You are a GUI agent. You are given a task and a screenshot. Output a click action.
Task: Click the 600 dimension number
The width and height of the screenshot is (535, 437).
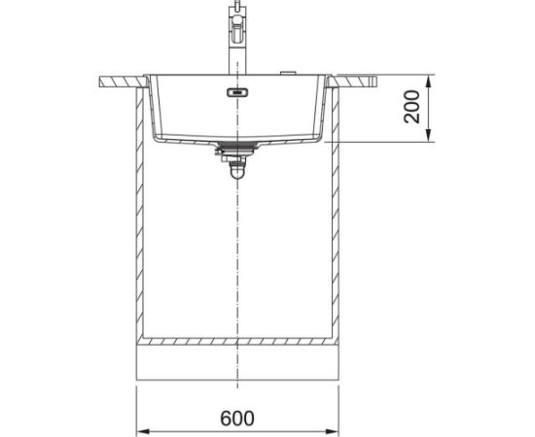(x=237, y=419)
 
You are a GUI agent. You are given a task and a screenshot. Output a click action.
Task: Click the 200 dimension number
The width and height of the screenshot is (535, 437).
(x=411, y=107)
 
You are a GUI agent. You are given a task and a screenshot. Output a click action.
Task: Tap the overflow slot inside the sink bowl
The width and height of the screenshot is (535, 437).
(x=237, y=92)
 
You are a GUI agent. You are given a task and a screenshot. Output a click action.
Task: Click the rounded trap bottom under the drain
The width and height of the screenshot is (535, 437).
(x=237, y=172)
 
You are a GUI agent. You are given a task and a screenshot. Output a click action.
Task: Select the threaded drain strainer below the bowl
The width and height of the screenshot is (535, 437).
(x=236, y=148)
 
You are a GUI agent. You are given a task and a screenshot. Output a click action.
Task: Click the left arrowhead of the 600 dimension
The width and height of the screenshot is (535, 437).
(x=143, y=431)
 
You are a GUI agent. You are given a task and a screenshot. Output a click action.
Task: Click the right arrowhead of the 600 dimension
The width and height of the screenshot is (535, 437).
(x=332, y=431)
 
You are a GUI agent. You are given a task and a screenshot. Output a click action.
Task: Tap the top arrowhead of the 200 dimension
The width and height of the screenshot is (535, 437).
(x=429, y=82)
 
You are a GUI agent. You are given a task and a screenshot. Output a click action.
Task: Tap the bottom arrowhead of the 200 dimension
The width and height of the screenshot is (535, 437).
(x=429, y=135)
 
